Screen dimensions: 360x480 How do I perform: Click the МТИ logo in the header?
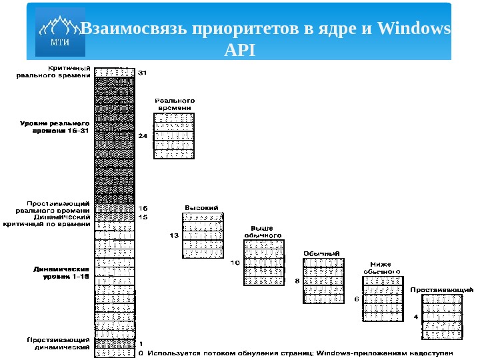pos(61,32)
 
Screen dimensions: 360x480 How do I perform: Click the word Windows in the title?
pos(414,29)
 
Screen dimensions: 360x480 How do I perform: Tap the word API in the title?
pos(240,49)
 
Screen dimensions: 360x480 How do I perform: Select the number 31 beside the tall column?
pos(142,72)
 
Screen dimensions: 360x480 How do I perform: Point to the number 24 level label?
pos(142,136)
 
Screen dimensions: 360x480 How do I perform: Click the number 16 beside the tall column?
pos(142,208)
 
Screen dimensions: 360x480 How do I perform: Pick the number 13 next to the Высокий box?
pos(174,235)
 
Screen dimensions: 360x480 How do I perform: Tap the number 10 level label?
pos(235,263)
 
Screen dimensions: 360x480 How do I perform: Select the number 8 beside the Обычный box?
pos(297,281)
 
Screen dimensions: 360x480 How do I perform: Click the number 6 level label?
pos(357,299)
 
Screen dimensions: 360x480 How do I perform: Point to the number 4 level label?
pos(416,317)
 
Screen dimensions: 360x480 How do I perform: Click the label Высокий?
pos(202,208)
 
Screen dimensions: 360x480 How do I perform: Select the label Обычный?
pos(323,253)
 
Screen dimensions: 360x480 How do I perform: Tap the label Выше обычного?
pos(262,231)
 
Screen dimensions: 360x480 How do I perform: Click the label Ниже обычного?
pos(382,267)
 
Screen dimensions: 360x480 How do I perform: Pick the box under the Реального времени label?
pos(175,135)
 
